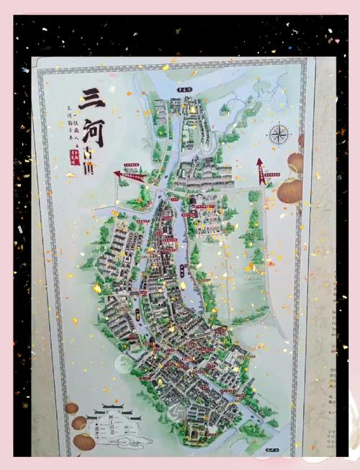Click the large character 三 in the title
coord(92,98)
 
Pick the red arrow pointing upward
coord(260,171)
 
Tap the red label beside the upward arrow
coord(271,175)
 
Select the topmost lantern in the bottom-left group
coord(71,408)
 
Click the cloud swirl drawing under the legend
coord(133,440)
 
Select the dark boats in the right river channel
coord(181,271)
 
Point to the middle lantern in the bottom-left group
coord(78,423)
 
